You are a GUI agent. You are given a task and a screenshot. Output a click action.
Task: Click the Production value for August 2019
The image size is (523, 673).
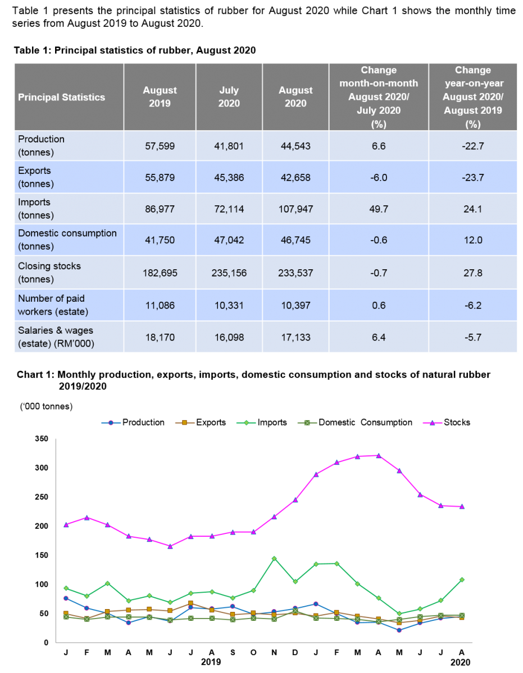pos(160,146)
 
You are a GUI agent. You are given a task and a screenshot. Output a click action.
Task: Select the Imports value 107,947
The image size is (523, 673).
pos(295,209)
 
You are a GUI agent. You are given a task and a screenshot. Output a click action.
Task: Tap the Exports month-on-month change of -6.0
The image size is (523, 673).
pos(379,178)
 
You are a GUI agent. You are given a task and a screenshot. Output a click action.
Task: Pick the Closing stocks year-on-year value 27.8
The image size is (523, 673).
pos(472,273)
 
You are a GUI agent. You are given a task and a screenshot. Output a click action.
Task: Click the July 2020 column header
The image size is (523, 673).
pos(229,97)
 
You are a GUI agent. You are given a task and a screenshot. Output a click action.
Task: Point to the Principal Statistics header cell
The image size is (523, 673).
pos(62,97)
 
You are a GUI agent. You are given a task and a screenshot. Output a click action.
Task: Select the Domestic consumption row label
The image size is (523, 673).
pos(67,239)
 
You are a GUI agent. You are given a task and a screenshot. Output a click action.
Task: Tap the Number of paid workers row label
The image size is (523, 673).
pos(52,305)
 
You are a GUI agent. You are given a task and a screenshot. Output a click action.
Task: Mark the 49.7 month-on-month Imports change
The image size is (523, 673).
pos(379,209)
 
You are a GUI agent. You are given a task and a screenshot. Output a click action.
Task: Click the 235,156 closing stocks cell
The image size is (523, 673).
pos(229,273)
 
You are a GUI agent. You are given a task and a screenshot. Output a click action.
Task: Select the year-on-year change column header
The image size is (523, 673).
pos(472,97)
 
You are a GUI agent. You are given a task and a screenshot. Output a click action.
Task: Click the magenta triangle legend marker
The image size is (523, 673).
pos(432,423)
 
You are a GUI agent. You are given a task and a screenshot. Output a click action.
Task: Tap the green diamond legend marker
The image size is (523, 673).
pos(246,423)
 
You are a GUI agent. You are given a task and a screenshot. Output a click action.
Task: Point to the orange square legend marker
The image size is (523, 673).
pos(184,423)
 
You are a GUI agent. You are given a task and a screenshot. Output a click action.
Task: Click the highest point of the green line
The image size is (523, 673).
pos(274,559)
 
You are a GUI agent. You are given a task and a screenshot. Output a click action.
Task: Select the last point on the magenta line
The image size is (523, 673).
pos(462,506)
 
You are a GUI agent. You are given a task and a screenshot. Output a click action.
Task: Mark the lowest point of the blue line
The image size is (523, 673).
pos(399,630)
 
